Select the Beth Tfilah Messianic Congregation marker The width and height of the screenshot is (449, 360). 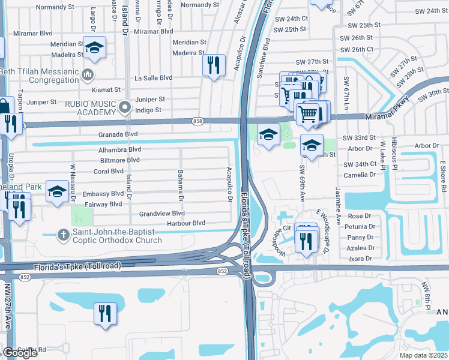click(x=88, y=75)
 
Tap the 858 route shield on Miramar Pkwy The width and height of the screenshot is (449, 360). click(x=197, y=121)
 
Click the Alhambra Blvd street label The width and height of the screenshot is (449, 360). click(x=120, y=149)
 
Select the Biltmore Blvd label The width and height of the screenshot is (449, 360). click(x=120, y=160)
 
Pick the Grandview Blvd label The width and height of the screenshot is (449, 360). click(x=162, y=213)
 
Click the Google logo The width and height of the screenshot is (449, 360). click(x=20, y=353)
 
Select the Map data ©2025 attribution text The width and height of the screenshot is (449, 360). click(x=424, y=355)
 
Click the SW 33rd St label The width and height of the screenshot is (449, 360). click(x=359, y=138)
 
